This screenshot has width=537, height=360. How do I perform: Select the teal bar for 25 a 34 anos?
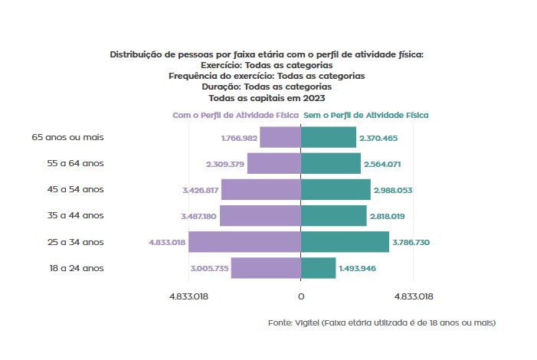pos(345,242)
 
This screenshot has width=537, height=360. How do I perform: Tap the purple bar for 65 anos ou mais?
pos(280,138)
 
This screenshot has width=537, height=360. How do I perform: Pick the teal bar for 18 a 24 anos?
pos(318,268)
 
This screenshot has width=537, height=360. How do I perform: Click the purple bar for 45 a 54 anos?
pos(260,190)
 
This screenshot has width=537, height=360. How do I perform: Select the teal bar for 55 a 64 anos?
pos(330,164)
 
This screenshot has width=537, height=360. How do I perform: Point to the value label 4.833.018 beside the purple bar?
pos(167,242)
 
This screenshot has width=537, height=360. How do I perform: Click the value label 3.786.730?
pos(411,242)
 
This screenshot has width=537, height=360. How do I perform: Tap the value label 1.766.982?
pos(238,138)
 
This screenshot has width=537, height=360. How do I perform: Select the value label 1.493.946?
pos(358,269)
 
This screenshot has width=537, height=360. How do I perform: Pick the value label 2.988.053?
pos(392,190)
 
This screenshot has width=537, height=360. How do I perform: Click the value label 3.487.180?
pos(199,216)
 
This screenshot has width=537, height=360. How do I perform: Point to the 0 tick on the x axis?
pos(300,296)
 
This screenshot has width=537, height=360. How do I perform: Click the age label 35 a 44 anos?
pos(75,216)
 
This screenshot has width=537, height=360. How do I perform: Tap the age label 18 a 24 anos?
pos(75,268)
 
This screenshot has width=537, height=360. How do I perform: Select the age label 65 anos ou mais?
pos(67,138)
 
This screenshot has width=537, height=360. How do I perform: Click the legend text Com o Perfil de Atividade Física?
pos(235,115)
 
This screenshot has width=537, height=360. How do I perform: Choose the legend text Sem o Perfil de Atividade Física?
pos(365,115)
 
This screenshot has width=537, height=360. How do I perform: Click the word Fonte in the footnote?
pos(280,322)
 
